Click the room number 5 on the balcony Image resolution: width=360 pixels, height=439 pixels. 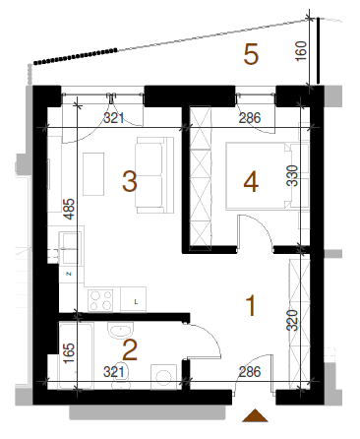251,55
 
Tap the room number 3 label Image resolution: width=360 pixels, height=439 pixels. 130,181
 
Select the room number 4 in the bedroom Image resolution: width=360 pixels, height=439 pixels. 251,182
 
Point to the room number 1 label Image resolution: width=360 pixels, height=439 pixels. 251,306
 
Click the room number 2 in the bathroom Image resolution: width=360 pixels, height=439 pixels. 130,350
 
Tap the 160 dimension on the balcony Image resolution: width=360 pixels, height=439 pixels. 301,50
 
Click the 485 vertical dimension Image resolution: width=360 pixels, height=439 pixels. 69,209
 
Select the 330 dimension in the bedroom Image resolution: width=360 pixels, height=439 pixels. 292,175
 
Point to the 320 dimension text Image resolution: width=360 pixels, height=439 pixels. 292,320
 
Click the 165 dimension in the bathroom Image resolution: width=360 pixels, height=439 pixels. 69,353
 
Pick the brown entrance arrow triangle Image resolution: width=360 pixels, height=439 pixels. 255,415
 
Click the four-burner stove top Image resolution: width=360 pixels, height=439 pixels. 100,300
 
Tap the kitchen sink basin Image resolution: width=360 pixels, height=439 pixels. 70,248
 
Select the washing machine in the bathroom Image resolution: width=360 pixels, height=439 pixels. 163,377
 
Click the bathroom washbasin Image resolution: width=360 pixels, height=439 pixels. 121,330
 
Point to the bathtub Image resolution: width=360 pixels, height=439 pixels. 76,356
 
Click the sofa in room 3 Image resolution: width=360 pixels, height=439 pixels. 154,175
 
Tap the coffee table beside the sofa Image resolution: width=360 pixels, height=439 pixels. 93,174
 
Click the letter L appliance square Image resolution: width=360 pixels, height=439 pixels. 134,299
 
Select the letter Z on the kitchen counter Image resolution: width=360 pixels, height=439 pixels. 69,274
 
